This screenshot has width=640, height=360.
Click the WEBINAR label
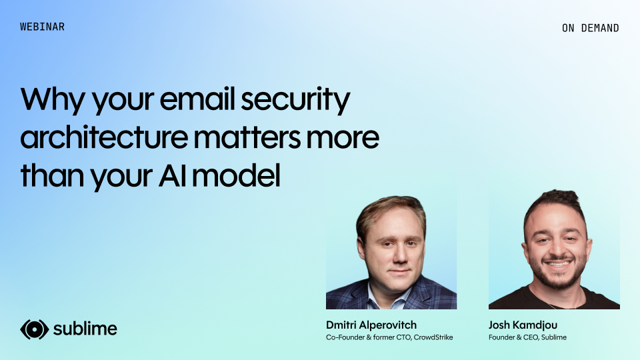pos(42,27)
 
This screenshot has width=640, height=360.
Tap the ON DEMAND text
pos(590,28)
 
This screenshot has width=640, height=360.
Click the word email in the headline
pos(197,99)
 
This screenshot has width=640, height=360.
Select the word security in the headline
pos(295,100)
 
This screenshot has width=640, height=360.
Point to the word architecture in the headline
pos(104,136)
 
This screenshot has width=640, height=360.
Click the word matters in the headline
pos(247,137)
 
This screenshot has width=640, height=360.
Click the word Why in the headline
pos(53,100)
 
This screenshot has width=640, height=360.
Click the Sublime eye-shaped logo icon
pos(34,329)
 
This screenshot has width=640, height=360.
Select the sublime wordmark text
pos(85,329)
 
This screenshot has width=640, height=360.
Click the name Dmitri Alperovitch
pos(371,325)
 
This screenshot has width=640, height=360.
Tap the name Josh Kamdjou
pos(523,325)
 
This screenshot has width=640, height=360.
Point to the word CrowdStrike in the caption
pos(433,337)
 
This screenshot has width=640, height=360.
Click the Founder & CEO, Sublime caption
pos(527,337)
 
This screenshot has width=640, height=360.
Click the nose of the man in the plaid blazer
pos(399,256)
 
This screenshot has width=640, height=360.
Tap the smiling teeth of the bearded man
pos(558,264)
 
